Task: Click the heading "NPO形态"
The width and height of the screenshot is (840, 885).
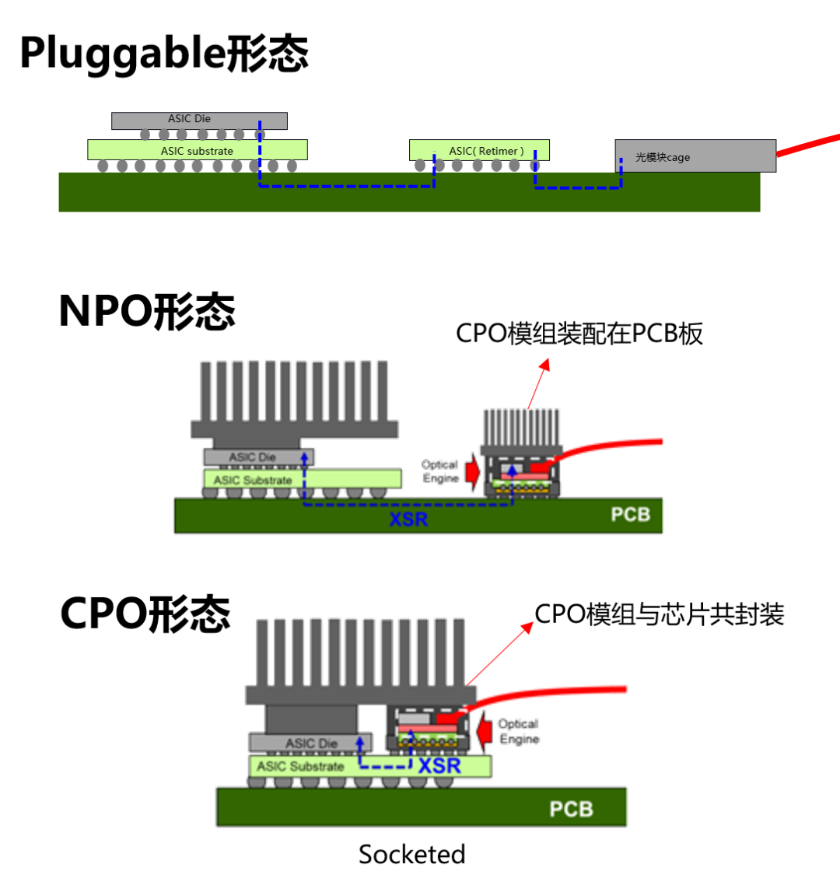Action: [x=147, y=311]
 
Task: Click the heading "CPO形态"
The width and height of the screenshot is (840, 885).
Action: [x=145, y=613]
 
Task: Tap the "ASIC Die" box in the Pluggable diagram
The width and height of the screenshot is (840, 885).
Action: [x=199, y=120]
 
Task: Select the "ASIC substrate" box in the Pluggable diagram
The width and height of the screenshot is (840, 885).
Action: [x=197, y=150]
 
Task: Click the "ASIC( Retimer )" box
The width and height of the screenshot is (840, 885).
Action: [x=480, y=150]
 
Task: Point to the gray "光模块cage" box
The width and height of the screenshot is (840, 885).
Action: [x=695, y=156]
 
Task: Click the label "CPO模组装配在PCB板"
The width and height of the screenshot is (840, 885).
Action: [x=579, y=334]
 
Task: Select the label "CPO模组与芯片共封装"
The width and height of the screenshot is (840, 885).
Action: [x=660, y=614]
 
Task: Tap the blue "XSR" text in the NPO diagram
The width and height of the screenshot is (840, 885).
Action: [x=408, y=518]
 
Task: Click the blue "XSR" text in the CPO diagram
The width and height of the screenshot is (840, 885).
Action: [x=440, y=766]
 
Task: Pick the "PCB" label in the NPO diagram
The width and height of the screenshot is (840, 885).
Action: [x=630, y=515]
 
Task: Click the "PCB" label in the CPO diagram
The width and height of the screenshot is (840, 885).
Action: [x=571, y=810]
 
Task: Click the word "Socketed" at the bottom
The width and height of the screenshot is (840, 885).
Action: [x=411, y=854]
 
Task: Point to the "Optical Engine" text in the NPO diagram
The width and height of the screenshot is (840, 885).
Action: [x=439, y=471]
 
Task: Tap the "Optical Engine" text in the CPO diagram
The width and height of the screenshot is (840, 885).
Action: [x=519, y=731]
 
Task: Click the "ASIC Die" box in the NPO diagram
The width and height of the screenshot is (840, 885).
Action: [x=259, y=457]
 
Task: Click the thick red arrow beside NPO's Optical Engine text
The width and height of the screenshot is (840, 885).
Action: [x=472, y=471]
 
